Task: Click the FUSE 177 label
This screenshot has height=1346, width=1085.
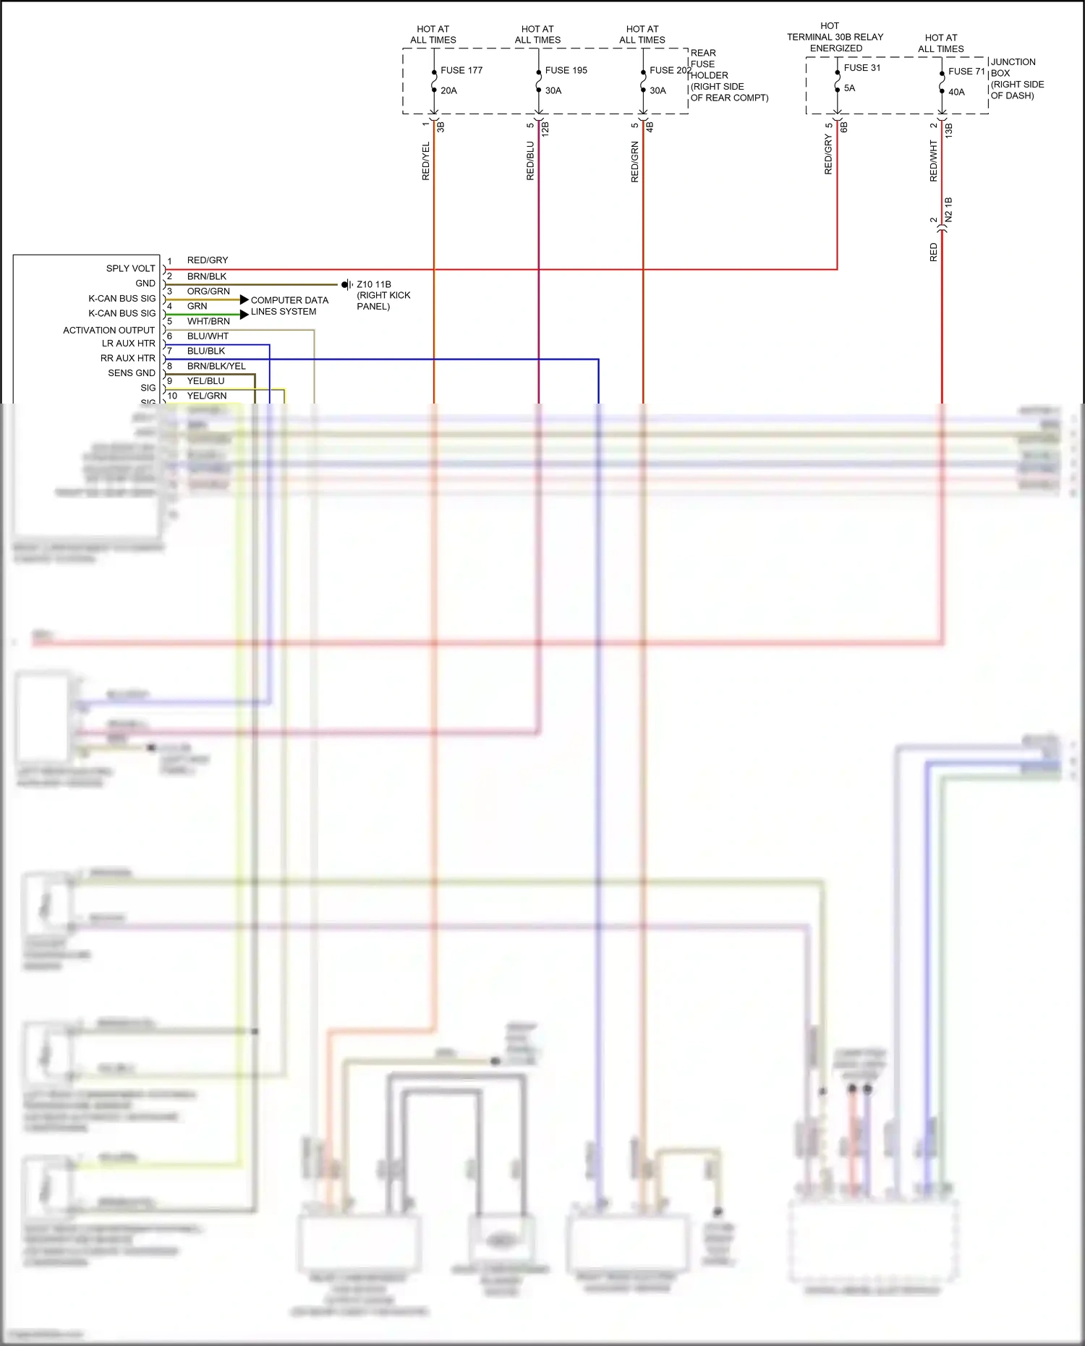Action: pyautogui.click(x=461, y=70)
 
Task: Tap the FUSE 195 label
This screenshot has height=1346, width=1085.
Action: pyautogui.click(x=566, y=70)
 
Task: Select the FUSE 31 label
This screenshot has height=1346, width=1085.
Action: pyautogui.click(x=861, y=68)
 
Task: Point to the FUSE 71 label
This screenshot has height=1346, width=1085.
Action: pyautogui.click(x=966, y=72)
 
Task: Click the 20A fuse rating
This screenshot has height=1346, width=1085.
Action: pyautogui.click(x=448, y=90)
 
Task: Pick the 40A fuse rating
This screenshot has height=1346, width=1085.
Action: pyautogui.click(x=956, y=92)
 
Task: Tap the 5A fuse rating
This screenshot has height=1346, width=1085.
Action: pyautogui.click(x=849, y=88)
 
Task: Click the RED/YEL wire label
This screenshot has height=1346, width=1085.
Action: pyautogui.click(x=425, y=161)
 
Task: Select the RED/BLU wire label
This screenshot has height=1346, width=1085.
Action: pyautogui.click(x=530, y=161)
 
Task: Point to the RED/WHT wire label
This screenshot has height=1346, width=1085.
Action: pyautogui.click(x=933, y=161)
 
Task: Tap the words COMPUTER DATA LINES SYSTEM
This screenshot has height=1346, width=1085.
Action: pyautogui.click(x=289, y=306)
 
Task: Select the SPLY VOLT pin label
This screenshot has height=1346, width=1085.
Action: pyautogui.click(x=130, y=268)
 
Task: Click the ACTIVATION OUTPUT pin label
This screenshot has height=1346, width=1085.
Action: pyautogui.click(x=109, y=330)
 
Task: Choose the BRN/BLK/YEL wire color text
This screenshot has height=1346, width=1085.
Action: pyautogui.click(x=216, y=366)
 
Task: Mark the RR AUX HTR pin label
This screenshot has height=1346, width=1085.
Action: pyautogui.click(x=127, y=358)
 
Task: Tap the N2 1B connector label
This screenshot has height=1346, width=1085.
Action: pyautogui.click(x=948, y=210)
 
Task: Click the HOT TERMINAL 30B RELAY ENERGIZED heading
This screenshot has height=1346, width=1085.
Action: pyautogui.click(x=835, y=37)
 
